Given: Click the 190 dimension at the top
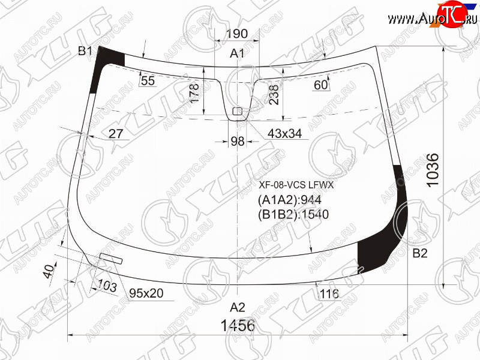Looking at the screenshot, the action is (236, 34).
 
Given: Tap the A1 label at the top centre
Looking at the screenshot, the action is (237, 53).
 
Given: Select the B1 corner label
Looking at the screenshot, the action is (85, 51).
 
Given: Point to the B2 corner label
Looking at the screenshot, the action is (419, 253).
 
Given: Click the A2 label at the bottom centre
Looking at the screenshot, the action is (238, 307).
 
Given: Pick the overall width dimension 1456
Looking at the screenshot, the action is (238, 325).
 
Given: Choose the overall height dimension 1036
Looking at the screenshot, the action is (433, 170).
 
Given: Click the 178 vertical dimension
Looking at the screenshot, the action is (194, 93).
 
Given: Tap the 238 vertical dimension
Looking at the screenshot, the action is (274, 95).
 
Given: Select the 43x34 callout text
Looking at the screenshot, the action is (284, 133).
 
